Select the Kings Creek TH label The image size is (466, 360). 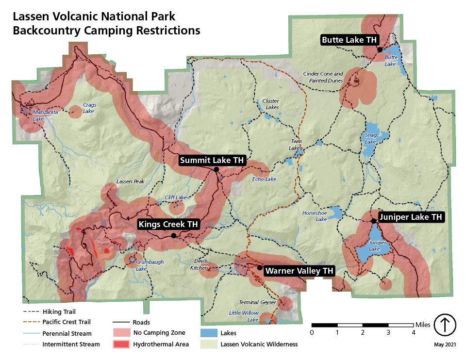[168, 225]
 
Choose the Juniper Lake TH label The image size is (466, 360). [411, 217]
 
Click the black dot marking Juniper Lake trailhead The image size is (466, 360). [373, 221]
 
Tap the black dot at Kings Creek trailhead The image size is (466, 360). [173, 236]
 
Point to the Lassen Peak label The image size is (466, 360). [131, 182]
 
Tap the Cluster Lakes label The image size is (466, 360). [270, 104]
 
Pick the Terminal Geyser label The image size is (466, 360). [257, 302]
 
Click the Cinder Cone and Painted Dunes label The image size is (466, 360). [323, 77]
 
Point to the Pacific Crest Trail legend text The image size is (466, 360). [67, 322]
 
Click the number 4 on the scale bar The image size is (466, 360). [414, 332]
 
